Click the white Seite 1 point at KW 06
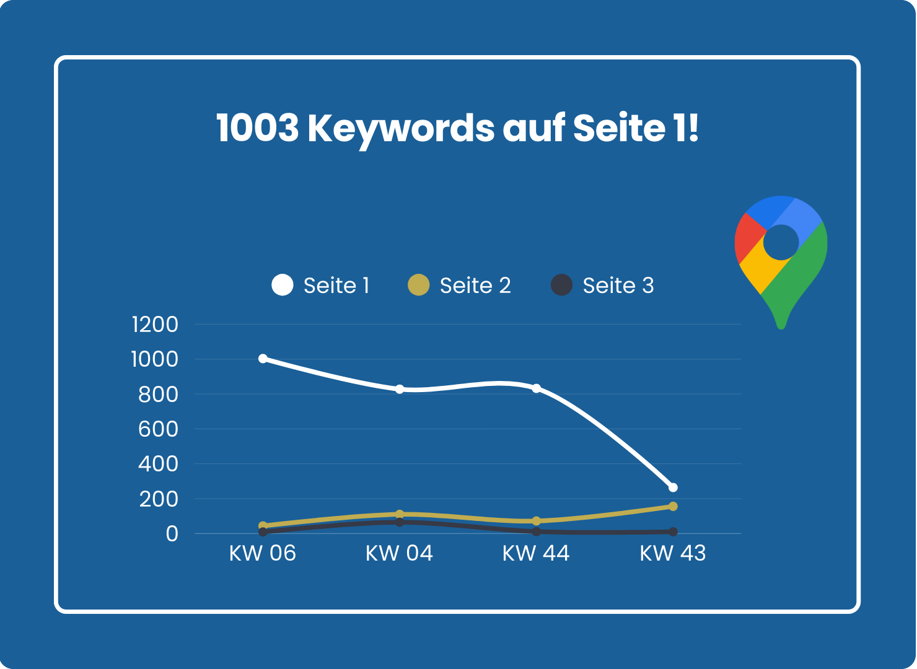tap(263, 359)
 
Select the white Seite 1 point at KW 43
tap(673, 488)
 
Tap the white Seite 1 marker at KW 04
tap(400, 389)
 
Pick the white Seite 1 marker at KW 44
tap(537, 388)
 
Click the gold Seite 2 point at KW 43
tap(673, 506)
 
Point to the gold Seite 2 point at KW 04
tap(400, 514)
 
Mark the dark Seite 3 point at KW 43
tap(673, 531)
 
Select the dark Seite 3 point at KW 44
tap(537, 531)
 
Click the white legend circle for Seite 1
tap(283, 284)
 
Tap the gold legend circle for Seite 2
tap(418, 284)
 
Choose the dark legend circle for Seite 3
tap(561, 284)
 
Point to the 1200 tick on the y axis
tap(155, 325)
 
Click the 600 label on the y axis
tap(158, 429)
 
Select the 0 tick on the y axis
tap(172, 534)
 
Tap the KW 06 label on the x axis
tap(263, 553)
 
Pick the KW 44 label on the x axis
tap(536, 553)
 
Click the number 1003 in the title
tap(258, 128)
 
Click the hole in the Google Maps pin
tap(781, 242)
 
